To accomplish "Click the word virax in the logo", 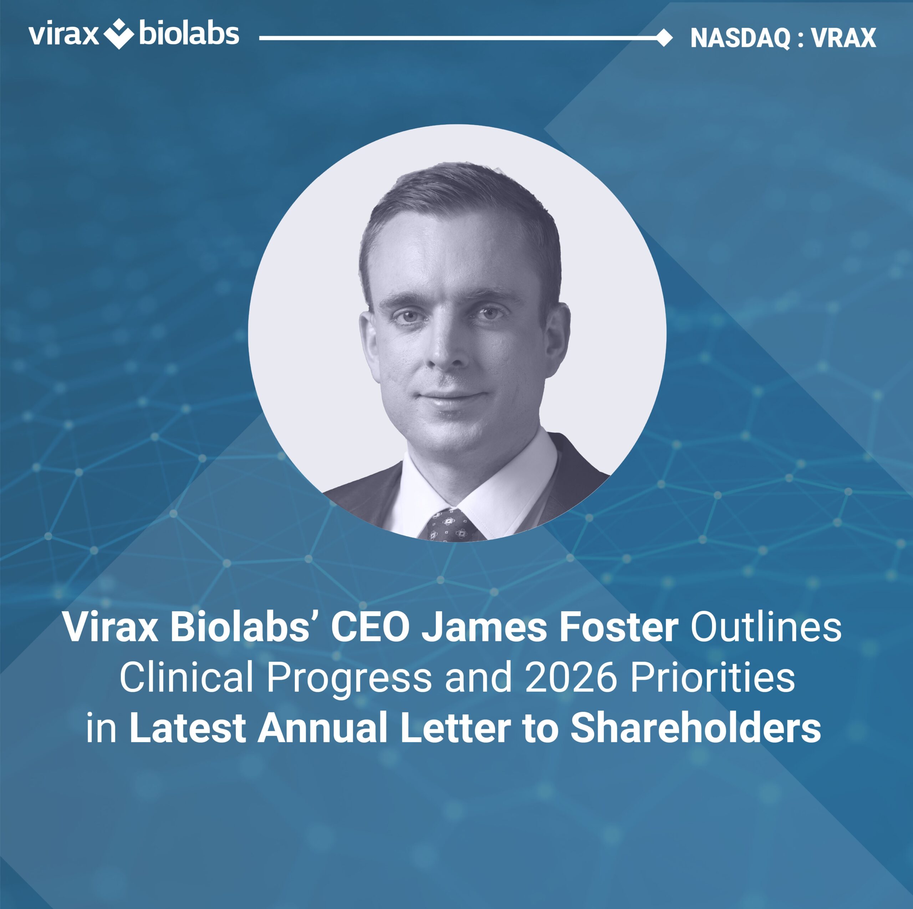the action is pos(63,35).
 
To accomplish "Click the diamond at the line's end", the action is pos(665,38).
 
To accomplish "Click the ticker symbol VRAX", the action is pos(844,38).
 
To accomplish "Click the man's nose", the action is pos(448,347).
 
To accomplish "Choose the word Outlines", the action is pos(766,627).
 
